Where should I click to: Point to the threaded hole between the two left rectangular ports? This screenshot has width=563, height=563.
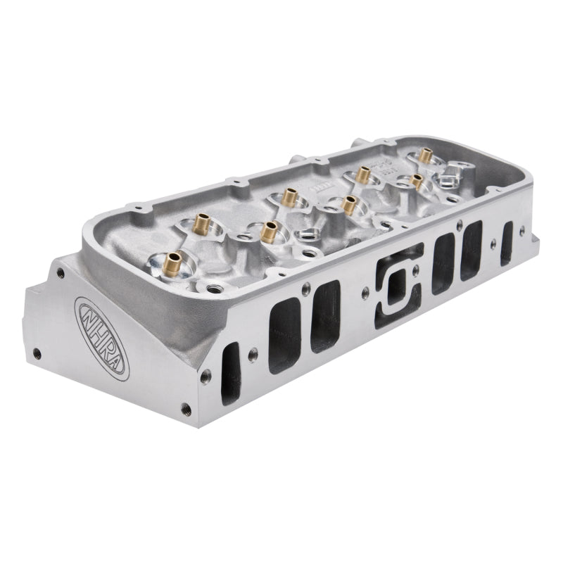point(305,287)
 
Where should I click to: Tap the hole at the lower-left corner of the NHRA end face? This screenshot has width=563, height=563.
point(37,350)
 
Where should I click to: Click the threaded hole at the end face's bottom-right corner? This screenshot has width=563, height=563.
point(186,406)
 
